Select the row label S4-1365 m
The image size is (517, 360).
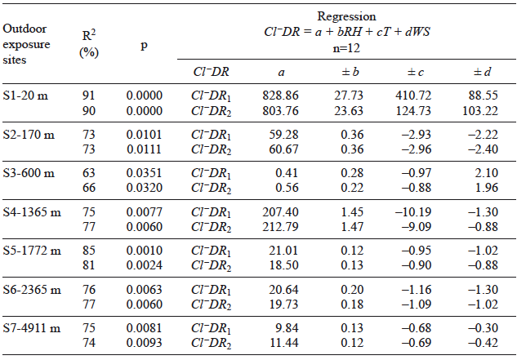click(32, 211)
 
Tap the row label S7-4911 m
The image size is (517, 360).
click(32, 327)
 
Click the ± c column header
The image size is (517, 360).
click(419, 71)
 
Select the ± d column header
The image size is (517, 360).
click(481, 71)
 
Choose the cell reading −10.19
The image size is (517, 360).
click(418, 211)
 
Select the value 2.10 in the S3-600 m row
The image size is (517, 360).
click(486, 173)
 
